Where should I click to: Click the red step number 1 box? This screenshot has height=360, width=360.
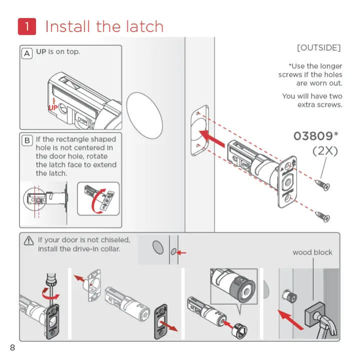point(26,26)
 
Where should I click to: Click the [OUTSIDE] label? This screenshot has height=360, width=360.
point(318,48)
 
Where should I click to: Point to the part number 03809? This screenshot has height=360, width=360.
point(313,136)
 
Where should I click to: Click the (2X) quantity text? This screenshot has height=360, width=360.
point(325,151)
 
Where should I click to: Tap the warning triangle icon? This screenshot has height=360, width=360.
point(29,241)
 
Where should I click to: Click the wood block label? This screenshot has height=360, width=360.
point(312,252)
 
